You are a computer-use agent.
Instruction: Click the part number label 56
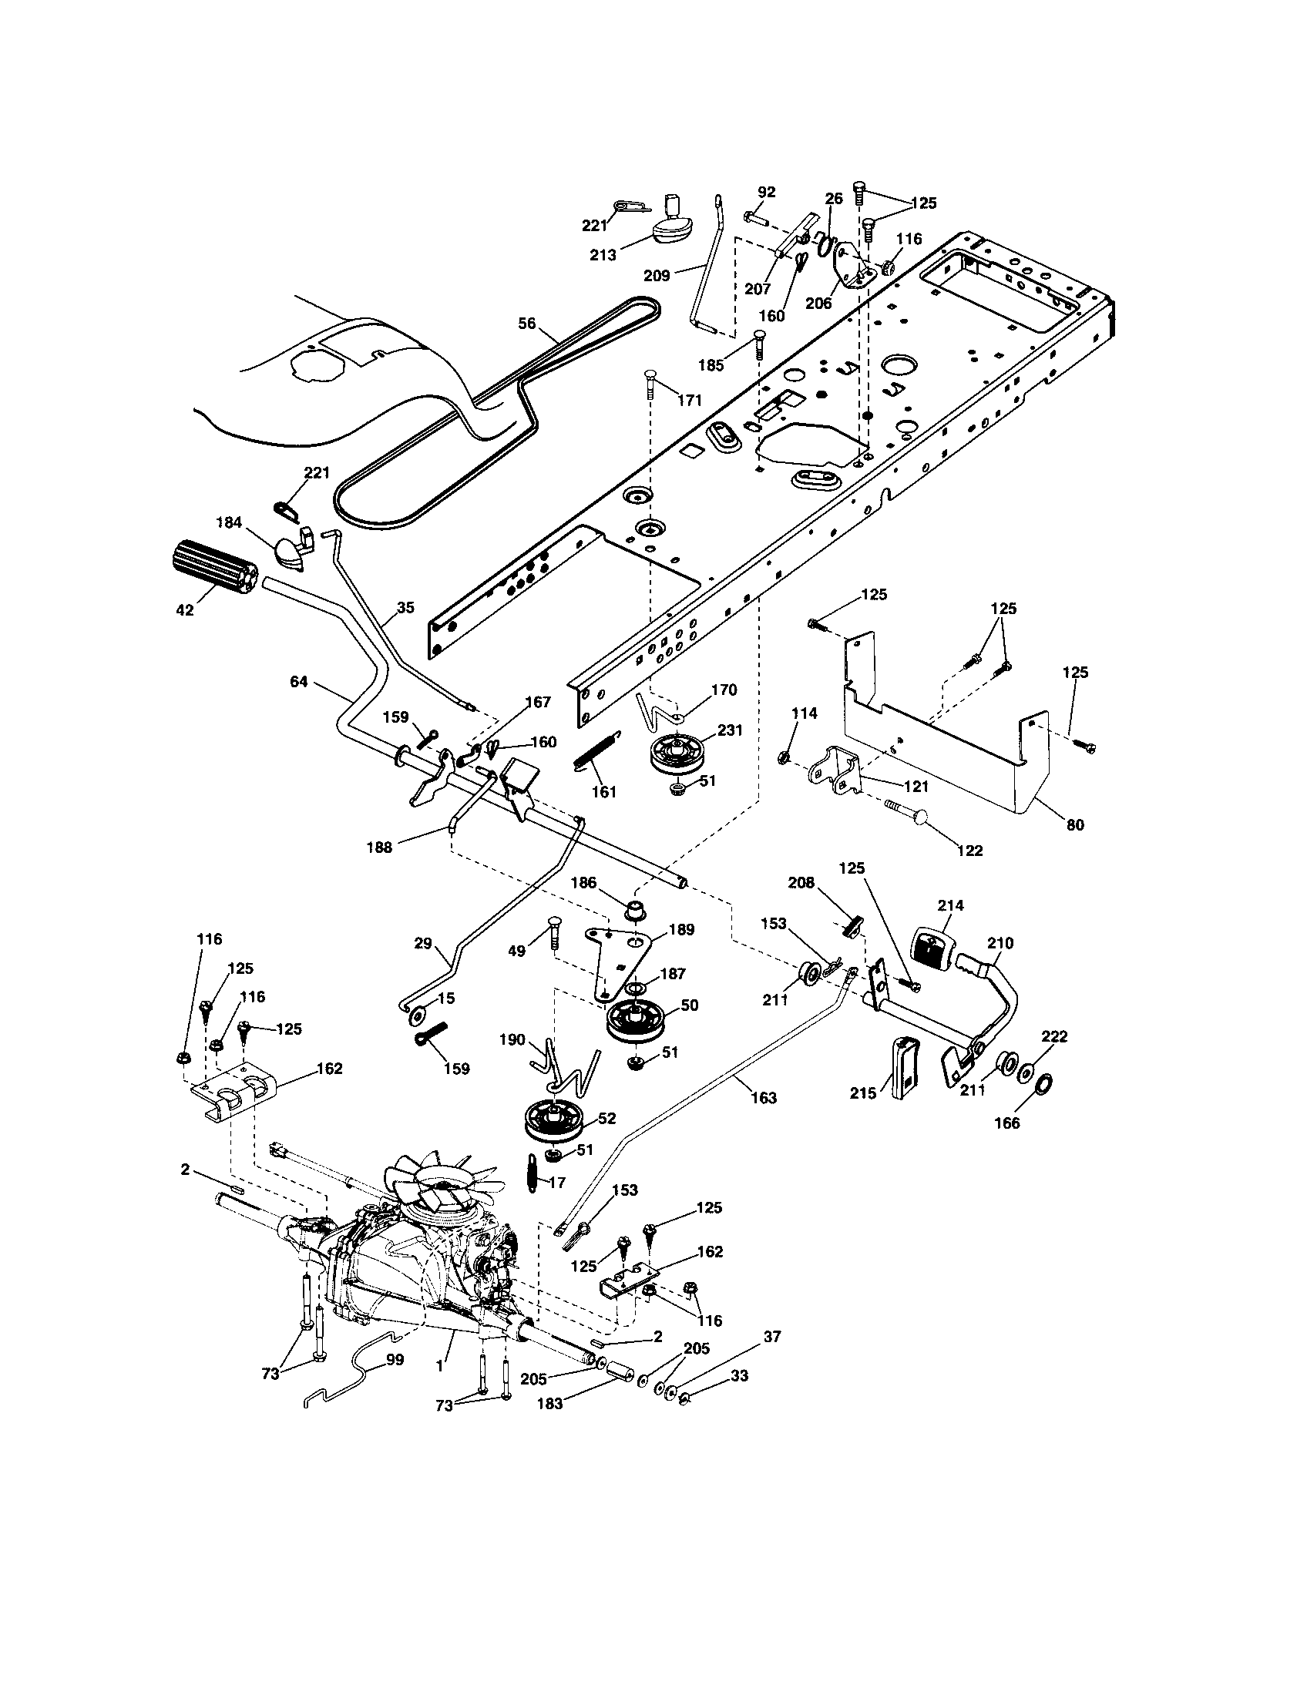(x=527, y=324)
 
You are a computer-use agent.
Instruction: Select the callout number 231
(x=730, y=730)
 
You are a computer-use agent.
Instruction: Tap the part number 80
(x=1075, y=825)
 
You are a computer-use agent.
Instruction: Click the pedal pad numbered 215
(x=906, y=1067)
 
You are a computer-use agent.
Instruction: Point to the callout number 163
(x=764, y=1097)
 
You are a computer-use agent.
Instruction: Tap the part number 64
(x=299, y=681)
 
